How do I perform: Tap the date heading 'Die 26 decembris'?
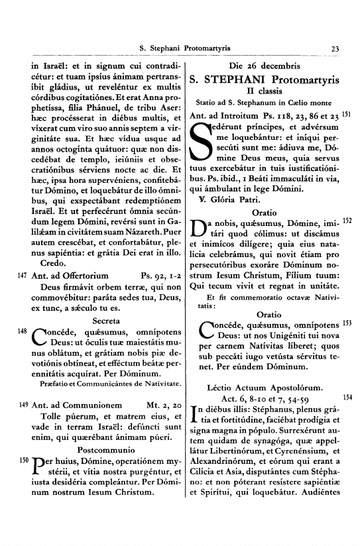(x=264, y=67)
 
